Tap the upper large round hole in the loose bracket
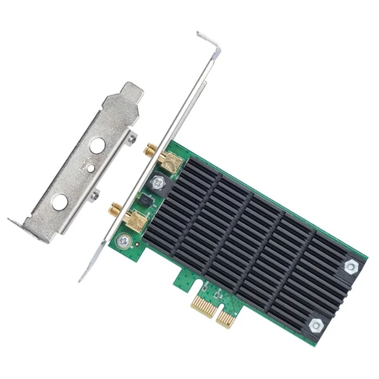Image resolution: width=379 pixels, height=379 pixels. (97, 146)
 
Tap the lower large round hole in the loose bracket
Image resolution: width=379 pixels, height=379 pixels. (60, 202)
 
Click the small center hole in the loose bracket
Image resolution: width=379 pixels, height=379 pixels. (90, 168)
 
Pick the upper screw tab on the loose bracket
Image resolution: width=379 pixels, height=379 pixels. (132, 139)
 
